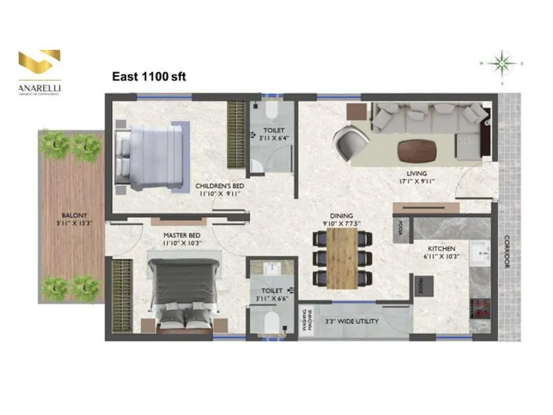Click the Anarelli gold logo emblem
point(39,63)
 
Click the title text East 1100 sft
point(149,77)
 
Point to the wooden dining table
point(341,257)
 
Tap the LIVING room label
point(417,174)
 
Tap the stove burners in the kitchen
point(479,309)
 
